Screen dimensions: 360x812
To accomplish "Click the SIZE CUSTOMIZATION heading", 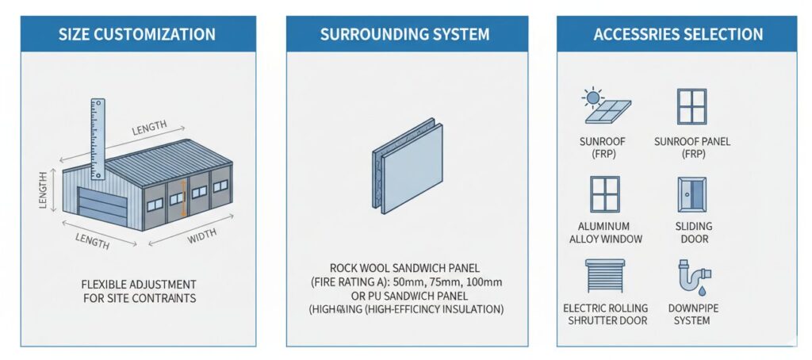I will [136, 34].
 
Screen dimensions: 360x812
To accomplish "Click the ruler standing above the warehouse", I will [98, 139].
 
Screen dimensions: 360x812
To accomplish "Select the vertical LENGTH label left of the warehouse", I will [42, 190].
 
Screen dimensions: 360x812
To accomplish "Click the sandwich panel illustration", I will [407, 166].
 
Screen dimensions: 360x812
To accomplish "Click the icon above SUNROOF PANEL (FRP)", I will [691, 106].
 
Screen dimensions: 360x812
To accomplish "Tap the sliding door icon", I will [692, 194].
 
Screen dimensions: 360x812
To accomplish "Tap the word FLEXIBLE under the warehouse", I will [105, 284].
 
